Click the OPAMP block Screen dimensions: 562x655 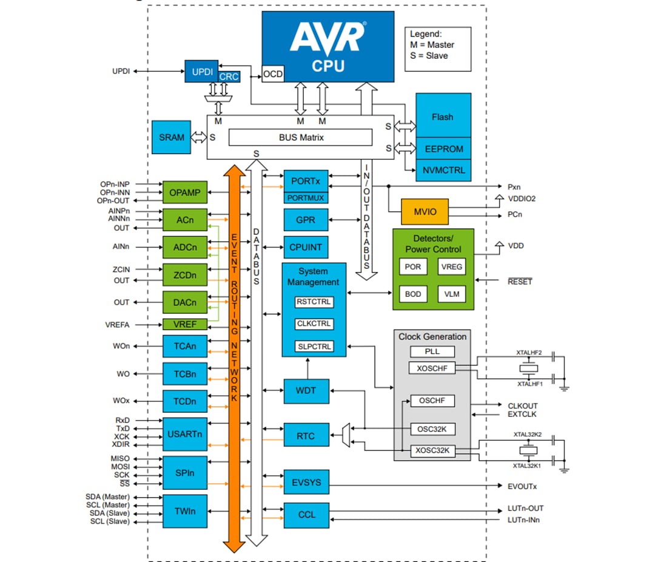(x=184, y=192)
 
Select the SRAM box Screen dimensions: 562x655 (x=172, y=137)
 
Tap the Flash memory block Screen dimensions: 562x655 (x=442, y=117)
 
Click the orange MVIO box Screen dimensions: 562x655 (x=425, y=212)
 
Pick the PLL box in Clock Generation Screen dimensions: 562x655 (x=432, y=351)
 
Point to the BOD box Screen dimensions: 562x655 (x=413, y=294)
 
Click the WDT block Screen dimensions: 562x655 (x=306, y=391)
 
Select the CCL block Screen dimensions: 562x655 (x=306, y=515)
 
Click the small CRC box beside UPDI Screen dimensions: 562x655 (x=229, y=77)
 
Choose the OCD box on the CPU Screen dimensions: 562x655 (x=273, y=75)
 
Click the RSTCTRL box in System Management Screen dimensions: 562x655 (x=314, y=302)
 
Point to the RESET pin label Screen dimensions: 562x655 (x=520, y=282)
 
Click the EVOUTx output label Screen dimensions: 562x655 (x=522, y=486)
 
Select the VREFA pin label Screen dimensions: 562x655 (x=117, y=325)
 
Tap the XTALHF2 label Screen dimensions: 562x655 (x=529, y=353)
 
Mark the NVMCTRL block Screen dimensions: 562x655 (x=442, y=170)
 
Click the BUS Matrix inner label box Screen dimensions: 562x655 (x=301, y=138)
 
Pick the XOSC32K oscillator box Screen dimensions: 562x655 (x=432, y=451)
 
